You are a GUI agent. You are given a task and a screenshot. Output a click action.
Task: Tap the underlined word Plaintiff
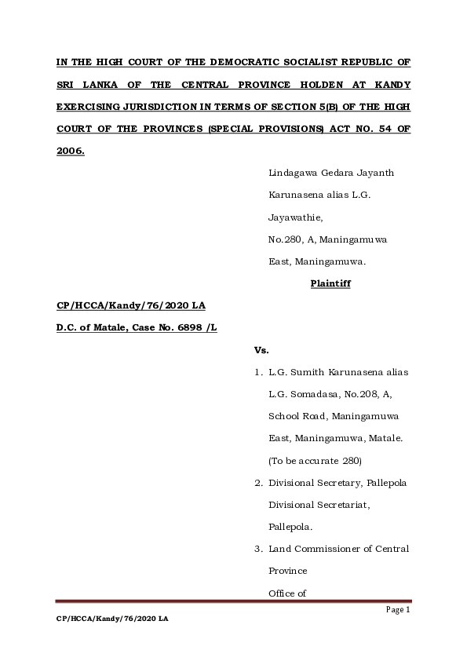330,283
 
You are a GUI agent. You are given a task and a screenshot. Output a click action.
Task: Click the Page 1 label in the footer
399,609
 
